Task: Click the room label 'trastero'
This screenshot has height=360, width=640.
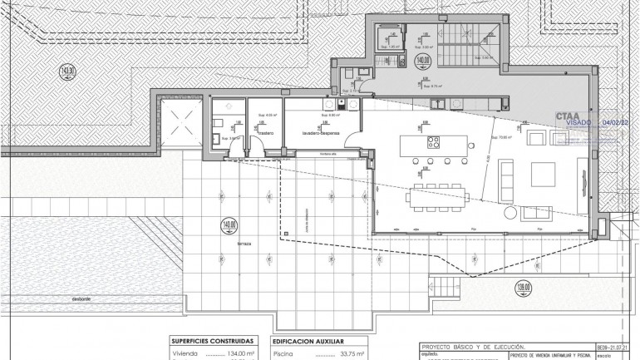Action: tap(266, 132)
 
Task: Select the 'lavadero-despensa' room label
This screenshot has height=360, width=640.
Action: tap(316, 132)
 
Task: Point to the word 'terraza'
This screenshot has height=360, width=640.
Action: tap(243, 245)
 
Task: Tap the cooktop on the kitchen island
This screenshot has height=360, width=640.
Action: tap(434, 142)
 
